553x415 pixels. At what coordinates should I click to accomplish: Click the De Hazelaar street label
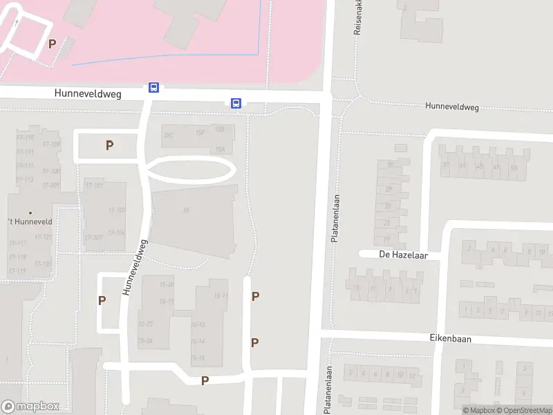click(x=404, y=255)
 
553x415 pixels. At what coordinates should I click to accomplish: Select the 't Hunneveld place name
click(x=30, y=222)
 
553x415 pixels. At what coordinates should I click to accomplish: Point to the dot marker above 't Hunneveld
click(x=30, y=212)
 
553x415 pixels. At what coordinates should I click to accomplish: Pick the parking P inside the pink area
click(x=52, y=44)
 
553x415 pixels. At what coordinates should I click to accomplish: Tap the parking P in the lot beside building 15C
click(x=109, y=145)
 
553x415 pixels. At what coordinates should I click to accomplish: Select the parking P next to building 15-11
click(x=255, y=297)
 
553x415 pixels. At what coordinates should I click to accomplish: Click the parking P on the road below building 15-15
click(x=205, y=380)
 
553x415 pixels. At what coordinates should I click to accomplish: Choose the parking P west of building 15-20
click(x=102, y=301)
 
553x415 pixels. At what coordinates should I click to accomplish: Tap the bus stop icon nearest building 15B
click(x=236, y=104)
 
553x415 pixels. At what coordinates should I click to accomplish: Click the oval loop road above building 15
click(x=190, y=169)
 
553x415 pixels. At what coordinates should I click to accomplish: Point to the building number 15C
click(x=169, y=134)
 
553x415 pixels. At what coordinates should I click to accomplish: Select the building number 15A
click(x=221, y=149)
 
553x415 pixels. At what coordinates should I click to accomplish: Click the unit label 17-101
click(x=94, y=185)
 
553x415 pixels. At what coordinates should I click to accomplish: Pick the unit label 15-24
click(x=145, y=340)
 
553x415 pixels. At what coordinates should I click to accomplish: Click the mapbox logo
click(x=30, y=407)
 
